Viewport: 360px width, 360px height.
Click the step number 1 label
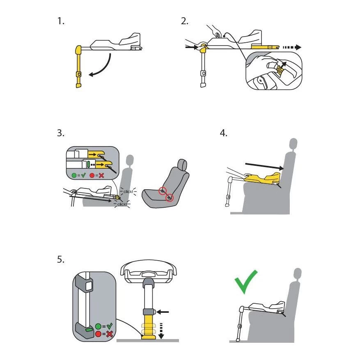(x=61, y=21)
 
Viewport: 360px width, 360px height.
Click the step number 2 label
(x=184, y=21)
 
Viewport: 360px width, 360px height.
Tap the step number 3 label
(x=61, y=133)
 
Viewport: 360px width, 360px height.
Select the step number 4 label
(x=223, y=133)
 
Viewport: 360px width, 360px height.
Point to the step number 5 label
(x=61, y=259)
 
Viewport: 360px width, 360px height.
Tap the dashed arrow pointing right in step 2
(x=292, y=47)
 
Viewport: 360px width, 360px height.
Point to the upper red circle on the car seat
(x=163, y=190)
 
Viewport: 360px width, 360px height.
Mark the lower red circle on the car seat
(x=170, y=198)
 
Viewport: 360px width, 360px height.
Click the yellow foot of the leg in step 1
(x=78, y=85)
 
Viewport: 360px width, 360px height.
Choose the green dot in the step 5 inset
(x=98, y=327)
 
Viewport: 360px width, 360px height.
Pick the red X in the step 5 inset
(x=110, y=334)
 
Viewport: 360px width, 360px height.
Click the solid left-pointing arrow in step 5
(x=163, y=312)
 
